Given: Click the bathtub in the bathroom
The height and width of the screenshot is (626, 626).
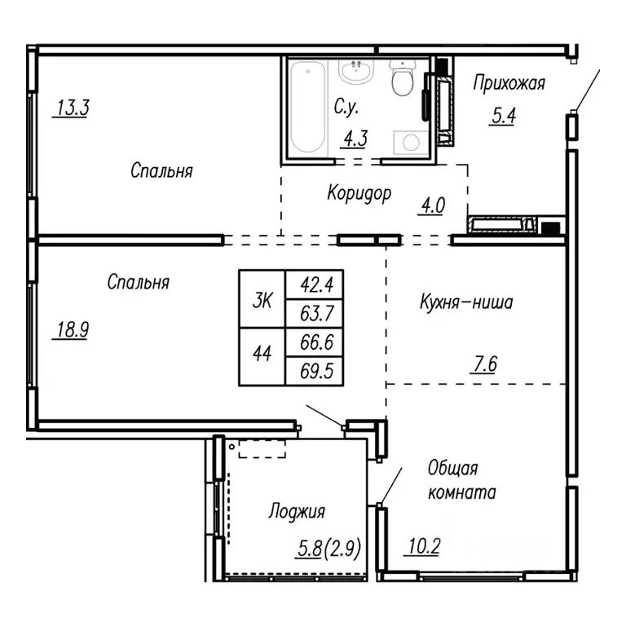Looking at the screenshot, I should (x=307, y=108).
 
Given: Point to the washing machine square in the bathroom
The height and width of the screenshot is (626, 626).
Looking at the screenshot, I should (x=406, y=143).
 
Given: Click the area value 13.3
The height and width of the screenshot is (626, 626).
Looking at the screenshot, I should (x=71, y=108).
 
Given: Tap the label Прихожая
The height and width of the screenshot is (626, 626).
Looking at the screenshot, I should (x=509, y=82).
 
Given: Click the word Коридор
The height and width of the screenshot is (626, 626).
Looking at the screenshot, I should (x=359, y=193).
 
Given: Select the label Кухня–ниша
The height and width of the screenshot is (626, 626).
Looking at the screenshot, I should (x=465, y=304).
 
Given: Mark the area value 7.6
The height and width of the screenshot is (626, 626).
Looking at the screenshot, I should (x=483, y=363).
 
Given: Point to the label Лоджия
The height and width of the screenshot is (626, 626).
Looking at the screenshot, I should (x=297, y=512).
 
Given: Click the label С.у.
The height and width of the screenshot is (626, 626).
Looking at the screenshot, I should (x=346, y=107).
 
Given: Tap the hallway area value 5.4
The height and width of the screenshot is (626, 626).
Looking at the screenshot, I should (x=502, y=115).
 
